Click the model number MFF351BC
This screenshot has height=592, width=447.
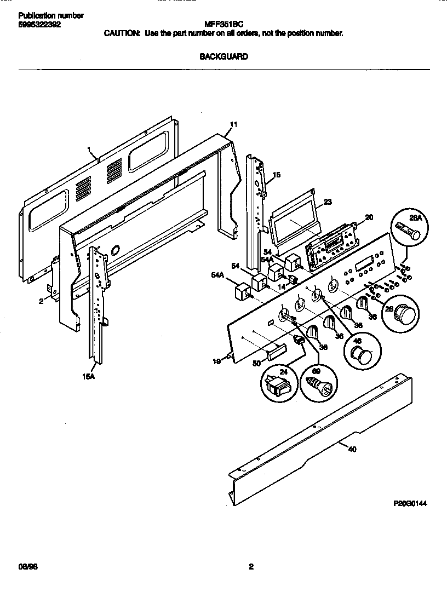point(223,24)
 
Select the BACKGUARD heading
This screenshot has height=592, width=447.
point(224,56)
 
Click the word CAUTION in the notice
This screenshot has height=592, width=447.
point(122,33)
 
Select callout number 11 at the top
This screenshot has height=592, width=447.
point(233,125)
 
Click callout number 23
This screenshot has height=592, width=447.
point(328,202)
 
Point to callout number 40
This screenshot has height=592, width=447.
point(352,450)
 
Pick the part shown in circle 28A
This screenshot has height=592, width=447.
point(408,231)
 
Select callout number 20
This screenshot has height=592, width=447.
point(369,217)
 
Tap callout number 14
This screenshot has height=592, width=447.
point(280,286)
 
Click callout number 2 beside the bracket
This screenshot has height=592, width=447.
point(41,301)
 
